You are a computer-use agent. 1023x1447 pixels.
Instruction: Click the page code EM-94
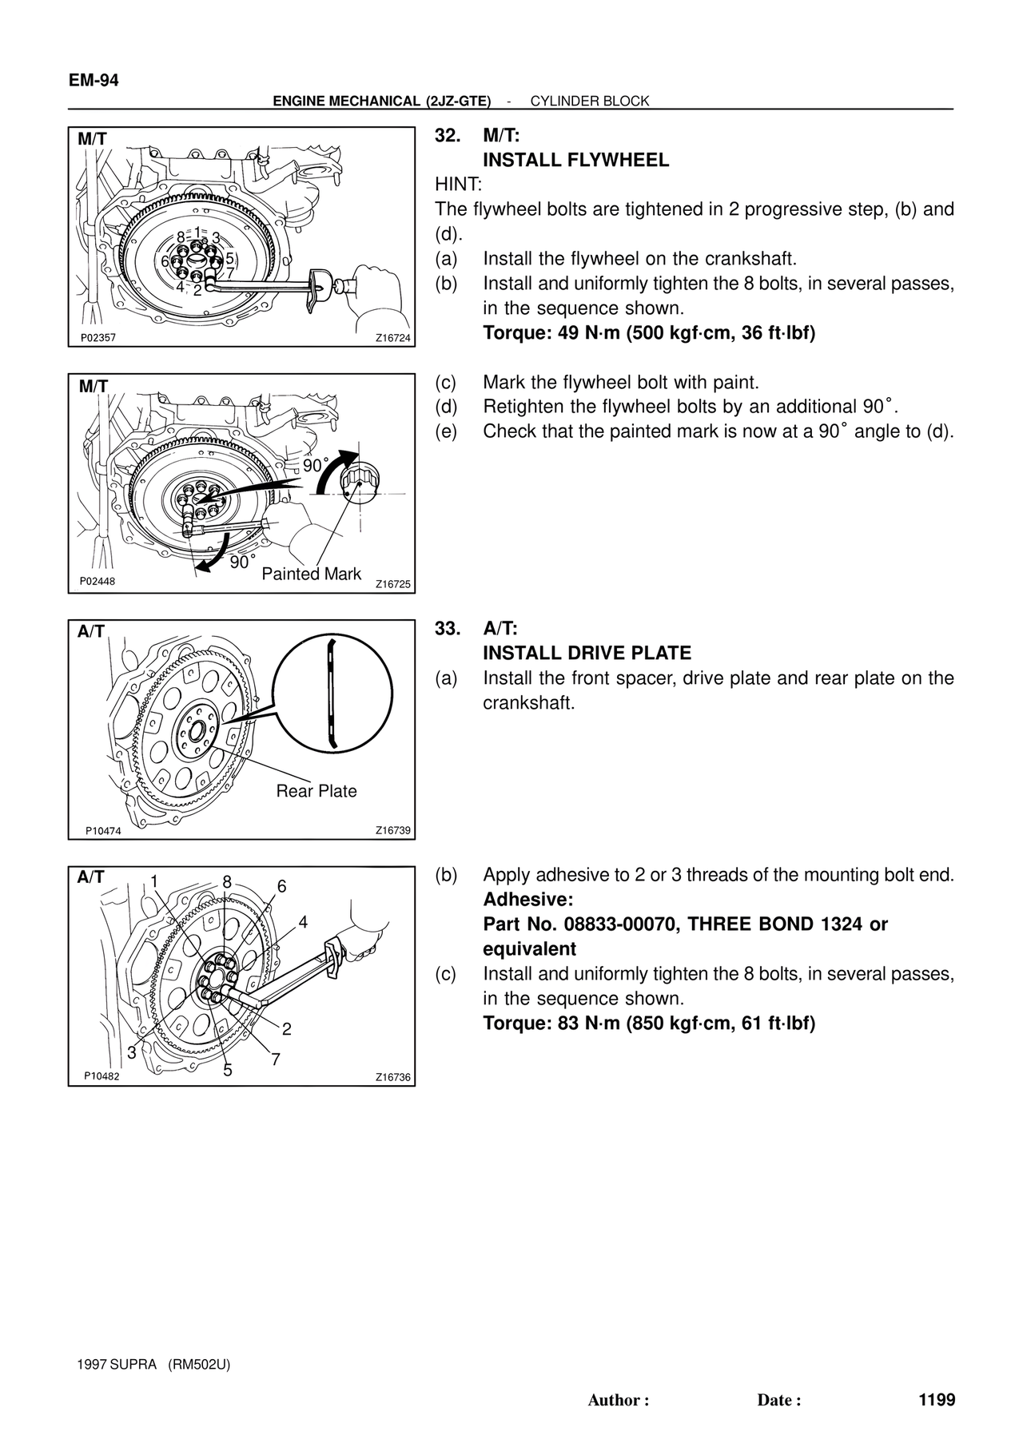point(94,81)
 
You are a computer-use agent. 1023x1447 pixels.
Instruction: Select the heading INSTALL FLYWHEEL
point(575,161)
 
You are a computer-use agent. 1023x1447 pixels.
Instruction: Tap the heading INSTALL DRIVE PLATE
point(587,654)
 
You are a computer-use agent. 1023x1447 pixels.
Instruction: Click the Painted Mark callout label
point(312,574)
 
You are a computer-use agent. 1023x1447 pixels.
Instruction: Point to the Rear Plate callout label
point(316,791)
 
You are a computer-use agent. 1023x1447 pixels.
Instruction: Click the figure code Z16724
point(393,339)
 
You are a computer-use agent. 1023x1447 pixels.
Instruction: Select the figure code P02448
point(98,582)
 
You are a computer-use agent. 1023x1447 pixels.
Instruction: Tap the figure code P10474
point(103,831)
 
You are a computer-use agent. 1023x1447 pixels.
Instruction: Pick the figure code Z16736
point(393,1077)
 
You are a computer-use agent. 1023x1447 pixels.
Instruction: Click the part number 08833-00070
point(619,924)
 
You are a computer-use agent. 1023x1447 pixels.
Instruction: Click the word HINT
point(458,185)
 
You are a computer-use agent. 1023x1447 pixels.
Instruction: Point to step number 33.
point(448,629)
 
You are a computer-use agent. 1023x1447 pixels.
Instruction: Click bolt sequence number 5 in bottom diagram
point(228,1071)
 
